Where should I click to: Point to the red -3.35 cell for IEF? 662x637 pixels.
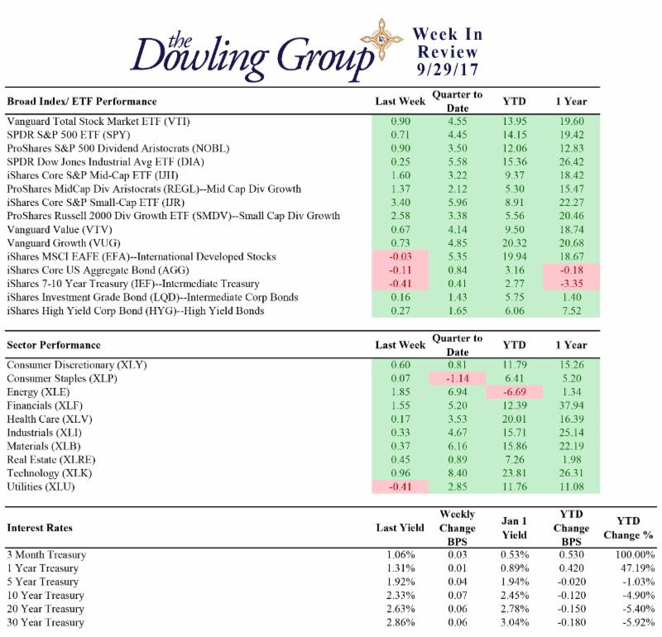[570, 284]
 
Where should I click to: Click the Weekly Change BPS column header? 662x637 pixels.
[458, 527]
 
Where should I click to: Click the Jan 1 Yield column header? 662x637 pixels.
[513, 527]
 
